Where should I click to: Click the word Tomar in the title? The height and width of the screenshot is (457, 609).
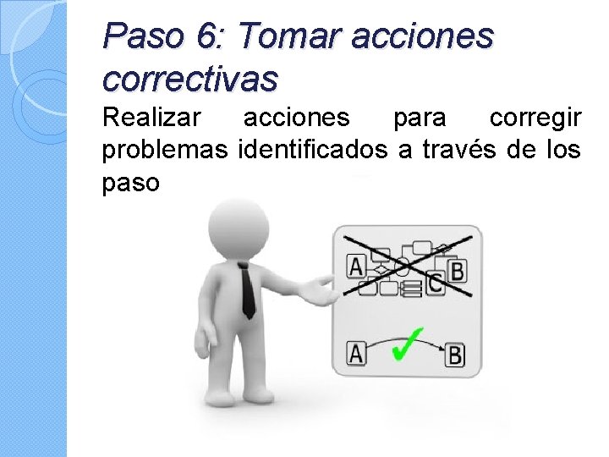[x=286, y=37]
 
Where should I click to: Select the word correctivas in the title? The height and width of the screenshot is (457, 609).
[x=189, y=79]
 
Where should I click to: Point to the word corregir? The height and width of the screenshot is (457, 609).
[x=535, y=119]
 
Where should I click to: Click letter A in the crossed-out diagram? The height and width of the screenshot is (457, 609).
[x=356, y=267]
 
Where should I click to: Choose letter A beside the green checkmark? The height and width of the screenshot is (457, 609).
[x=356, y=354]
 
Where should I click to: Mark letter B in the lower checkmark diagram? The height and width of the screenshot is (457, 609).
[x=455, y=355]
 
